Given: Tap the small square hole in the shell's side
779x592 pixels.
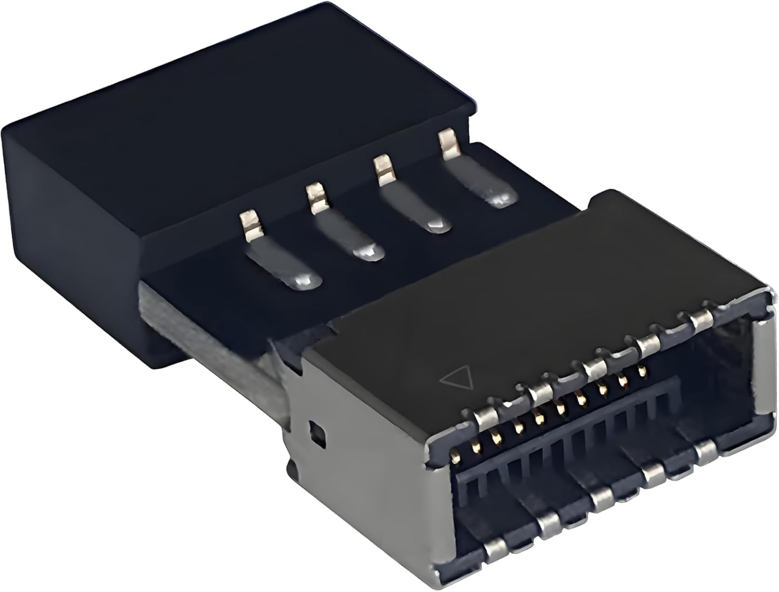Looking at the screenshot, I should coord(316,430).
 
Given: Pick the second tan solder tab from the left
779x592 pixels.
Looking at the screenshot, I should coord(315,197).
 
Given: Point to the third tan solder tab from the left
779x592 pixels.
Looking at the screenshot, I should coord(383,169).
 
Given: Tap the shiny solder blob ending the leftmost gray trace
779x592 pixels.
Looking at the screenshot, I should coord(303,281).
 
